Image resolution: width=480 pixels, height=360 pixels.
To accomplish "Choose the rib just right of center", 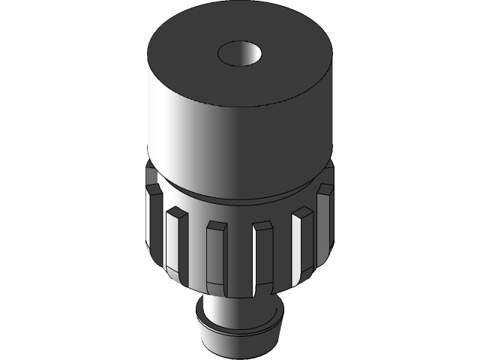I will [263, 253].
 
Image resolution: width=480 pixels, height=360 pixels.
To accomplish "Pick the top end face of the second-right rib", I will [304, 211].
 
